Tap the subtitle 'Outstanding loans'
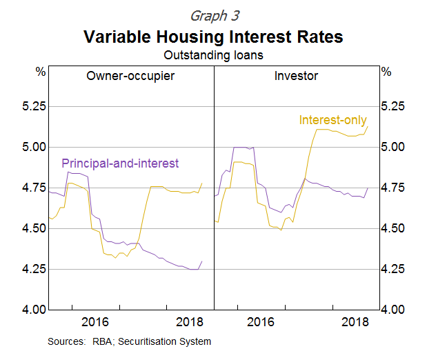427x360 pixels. (x=213, y=54)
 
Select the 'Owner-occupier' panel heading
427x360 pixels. (x=130, y=76)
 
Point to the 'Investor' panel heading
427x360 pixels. (x=296, y=76)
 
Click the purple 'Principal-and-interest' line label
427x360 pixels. (x=120, y=163)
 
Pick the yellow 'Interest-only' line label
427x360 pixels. (x=333, y=120)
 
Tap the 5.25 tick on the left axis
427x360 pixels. (x=32, y=107)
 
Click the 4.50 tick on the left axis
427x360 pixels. (x=32, y=228)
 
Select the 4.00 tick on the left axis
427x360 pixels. (x=32, y=310)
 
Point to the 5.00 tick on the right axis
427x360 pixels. (x=395, y=147)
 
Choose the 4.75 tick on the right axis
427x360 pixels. (x=395, y=188)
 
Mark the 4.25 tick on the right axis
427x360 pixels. (x=395, y=269)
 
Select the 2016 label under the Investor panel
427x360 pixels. (x=261, y=322)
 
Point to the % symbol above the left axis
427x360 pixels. (x=40, y=72)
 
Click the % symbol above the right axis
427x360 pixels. (x=386, y=72)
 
